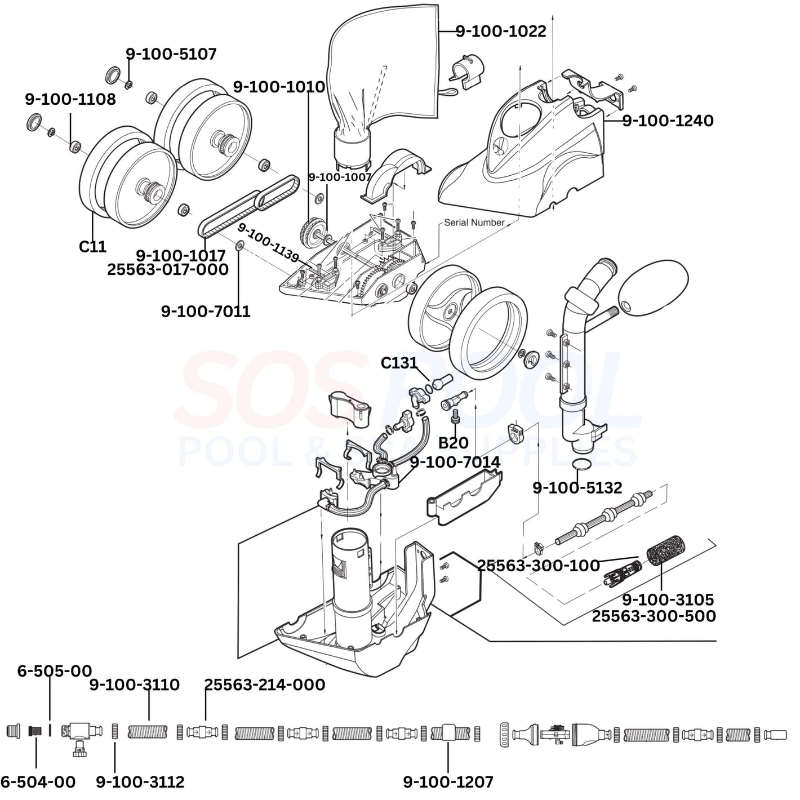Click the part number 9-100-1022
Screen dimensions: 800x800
pyautogui.click(x=501, y=31)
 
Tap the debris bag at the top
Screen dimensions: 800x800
pyautogui.click(x=383, y=73)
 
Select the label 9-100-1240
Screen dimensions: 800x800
pyautogui.click(x=668, y=121)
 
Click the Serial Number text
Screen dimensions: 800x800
pyautogui.click(x=474, y=223)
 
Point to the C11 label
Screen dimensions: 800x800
pyautogui.click(x=92, y=247)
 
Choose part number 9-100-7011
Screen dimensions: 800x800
pyautogui.click(x=206, y=311)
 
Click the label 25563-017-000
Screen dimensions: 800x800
pyautogui.click(x=168, y=269)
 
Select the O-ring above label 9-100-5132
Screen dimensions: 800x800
pyautogui.click(x=581, y=464)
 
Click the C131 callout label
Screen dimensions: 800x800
pyautogui.click(x=399, y=363)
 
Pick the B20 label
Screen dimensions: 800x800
pyautogui.click(x=453, y=442)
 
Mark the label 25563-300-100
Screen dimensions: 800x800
pyautogui.click(x=538, y=565)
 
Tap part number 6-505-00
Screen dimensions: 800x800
pyautogui.click(x=54, y=671)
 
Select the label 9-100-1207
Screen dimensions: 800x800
pyautogui.click(x=448, y=782)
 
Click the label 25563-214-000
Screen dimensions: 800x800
pyautogui.click(x=264, y=685)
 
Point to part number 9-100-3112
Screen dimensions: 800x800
pyautogui.click(x=140, y=782)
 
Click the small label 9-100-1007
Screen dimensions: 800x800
pyautogui.click(x=340, y=177)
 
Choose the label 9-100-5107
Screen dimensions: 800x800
pyautogui.click(x=171, y=54)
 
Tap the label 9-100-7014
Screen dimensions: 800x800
pyautogui.click(x=455, y=463)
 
